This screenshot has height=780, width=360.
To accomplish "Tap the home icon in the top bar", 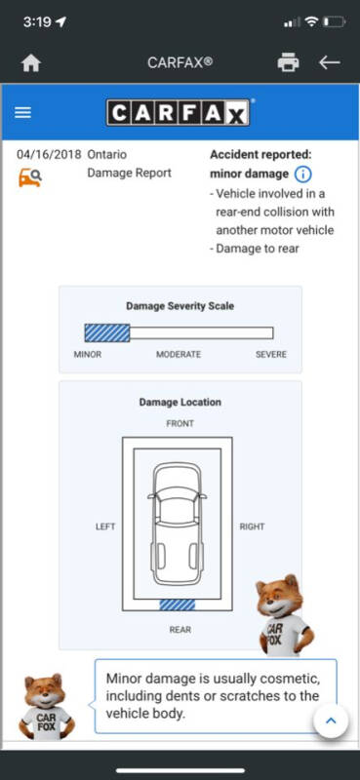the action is click(31, 63).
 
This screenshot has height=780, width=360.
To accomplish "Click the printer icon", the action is click(289, 62).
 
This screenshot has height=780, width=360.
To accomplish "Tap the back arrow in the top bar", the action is click(330, 62).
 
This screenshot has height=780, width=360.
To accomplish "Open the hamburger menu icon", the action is click(22, 112).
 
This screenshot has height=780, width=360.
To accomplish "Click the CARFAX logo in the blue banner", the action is click(179, 112).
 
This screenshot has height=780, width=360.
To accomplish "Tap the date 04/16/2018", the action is click(49, 154).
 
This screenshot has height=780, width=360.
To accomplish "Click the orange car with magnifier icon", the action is click(30, 177).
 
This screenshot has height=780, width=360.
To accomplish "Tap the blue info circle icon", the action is click(302, 175).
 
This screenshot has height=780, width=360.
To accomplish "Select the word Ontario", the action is click(107, 154).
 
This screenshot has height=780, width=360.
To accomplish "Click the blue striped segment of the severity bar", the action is click(107, 332).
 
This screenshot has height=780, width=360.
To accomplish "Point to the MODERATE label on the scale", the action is click(179, 355).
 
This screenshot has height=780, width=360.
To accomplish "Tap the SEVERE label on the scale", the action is click(271, 355).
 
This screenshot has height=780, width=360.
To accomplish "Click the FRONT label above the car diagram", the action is click(180, 424).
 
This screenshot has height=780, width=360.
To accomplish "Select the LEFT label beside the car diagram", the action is click(105, 526).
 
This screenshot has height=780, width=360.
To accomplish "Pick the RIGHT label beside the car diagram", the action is click(252, 526).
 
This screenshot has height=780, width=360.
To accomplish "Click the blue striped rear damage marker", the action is click(178, 604).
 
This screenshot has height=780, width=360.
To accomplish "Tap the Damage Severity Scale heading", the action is click(180, 306).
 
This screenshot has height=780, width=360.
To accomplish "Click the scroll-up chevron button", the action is click(331, 721).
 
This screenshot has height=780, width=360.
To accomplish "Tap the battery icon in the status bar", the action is click(334, 21).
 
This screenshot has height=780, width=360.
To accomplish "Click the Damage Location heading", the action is click(180, 402).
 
